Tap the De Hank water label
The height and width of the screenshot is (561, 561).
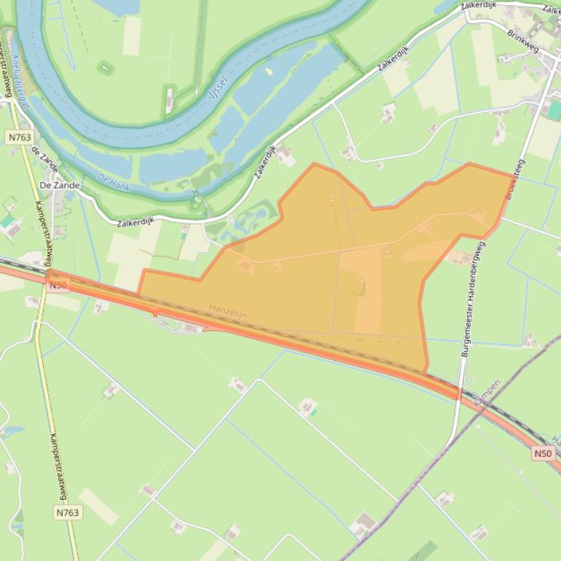point(113,181)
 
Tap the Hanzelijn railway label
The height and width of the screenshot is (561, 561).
point(228,311)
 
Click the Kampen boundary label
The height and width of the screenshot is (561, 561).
point(487,393)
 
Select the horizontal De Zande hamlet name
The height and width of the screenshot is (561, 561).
point(59,185)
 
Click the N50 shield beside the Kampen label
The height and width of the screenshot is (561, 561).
point(543,453)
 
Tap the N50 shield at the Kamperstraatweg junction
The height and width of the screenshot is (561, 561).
point(58,286)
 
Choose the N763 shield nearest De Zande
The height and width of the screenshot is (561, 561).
point(20,136)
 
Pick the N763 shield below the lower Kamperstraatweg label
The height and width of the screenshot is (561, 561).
point(67,513)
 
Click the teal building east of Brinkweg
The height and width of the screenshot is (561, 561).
point(554,110)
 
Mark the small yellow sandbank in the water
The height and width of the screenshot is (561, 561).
point(270,71)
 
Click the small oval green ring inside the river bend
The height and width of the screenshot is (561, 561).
point(106,68)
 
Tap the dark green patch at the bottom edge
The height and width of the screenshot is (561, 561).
point(423,550)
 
